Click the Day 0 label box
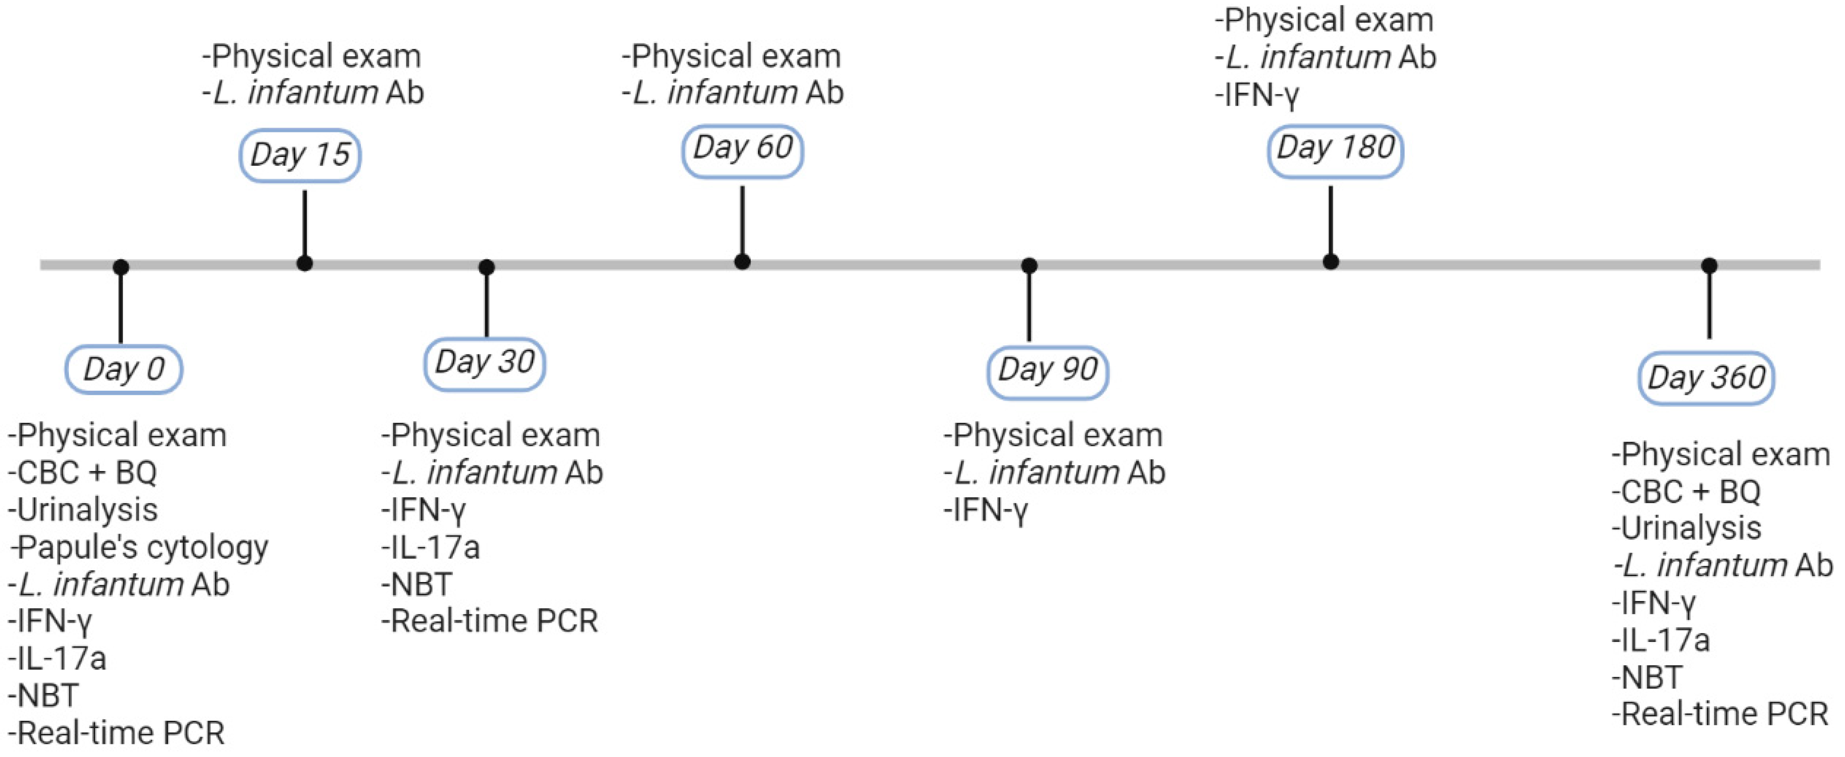pos(124,369)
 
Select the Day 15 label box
pos(300,155)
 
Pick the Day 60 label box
pos(742,149)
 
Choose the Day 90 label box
pos(1048,370)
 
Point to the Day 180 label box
pos(1335,149)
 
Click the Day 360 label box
pos(1706,378)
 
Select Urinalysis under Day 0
pos(84,510)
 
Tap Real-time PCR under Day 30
pos(490,621)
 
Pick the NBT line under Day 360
pos(1647,677)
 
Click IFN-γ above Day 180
pos(1257,95)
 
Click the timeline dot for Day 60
pos(743,262)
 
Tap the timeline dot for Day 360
pos(1709,266)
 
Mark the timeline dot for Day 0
pos(121,267)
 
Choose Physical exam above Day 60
pos(732,56)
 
